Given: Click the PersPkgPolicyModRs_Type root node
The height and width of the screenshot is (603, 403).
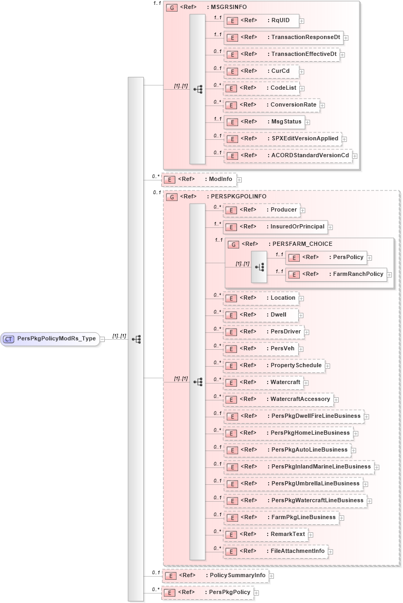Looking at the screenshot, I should [51, 339].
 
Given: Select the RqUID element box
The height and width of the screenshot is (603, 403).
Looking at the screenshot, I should [261, 21].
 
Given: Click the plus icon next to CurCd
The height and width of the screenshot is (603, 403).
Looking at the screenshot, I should [302, 71].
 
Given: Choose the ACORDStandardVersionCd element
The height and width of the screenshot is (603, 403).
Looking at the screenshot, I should [288, 156].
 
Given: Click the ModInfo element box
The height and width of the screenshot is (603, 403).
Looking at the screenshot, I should [199, 179].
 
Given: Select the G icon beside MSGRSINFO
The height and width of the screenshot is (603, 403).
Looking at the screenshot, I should [171, 8].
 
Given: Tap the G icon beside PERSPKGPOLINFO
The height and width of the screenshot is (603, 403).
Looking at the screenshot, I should [171, 197].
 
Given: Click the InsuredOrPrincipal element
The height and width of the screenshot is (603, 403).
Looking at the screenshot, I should [275, 227].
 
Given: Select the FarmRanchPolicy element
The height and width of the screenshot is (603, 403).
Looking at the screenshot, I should [336, 274].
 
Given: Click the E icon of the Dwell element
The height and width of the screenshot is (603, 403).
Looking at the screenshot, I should [230, 315].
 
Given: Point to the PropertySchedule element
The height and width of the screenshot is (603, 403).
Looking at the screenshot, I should [274, 365].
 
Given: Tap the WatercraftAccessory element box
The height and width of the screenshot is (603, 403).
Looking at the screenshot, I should [278, 399].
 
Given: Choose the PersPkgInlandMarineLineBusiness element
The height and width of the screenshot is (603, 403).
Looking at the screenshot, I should [299, 467].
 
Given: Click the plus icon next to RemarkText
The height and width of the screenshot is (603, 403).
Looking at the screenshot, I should [311, 534].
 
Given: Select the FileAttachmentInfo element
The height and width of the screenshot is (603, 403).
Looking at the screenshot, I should [276, 551].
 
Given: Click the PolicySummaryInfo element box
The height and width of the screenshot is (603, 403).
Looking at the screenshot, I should [215, 575].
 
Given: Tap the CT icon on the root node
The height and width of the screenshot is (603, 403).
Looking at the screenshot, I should [9, 339].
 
